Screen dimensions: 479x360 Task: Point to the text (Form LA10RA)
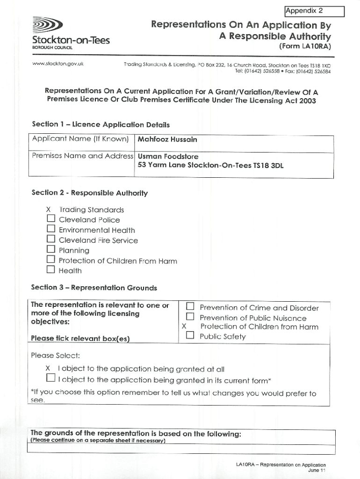coord(305,46)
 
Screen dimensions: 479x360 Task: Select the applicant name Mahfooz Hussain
coord(167,139)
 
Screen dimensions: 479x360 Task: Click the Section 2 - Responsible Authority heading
coord(89,193)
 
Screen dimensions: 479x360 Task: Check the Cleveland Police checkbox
coord(51,220)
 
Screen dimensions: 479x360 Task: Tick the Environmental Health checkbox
coord(51,230)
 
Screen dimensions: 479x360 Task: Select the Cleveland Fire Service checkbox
coord(51,240)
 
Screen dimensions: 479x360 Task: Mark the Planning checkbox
coord(51,250)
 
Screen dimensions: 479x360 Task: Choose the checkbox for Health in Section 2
coord(51,270)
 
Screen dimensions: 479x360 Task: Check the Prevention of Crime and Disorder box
coord(190,307)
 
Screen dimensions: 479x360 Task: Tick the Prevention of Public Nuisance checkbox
coord(190,318)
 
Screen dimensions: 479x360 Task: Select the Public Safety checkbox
coord(190,336)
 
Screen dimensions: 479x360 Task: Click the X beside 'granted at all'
coord(48,368)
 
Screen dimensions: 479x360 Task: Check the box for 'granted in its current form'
coord(50,378)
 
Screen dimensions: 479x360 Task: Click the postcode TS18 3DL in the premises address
coord(267,166)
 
